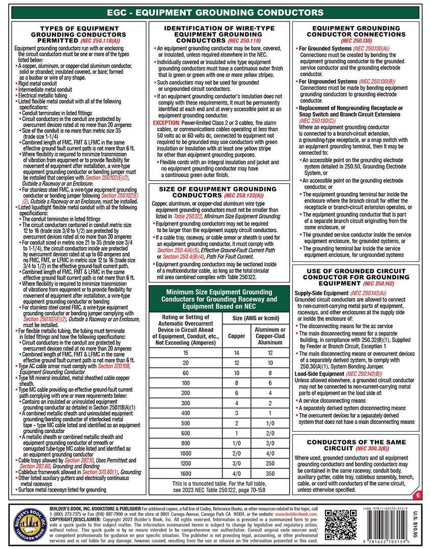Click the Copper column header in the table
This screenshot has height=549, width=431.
coord(236,337)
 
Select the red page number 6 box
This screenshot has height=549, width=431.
coord(418,495)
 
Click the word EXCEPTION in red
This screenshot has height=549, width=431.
coord(168,123)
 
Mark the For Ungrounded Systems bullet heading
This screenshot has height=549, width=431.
coord(328,81)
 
